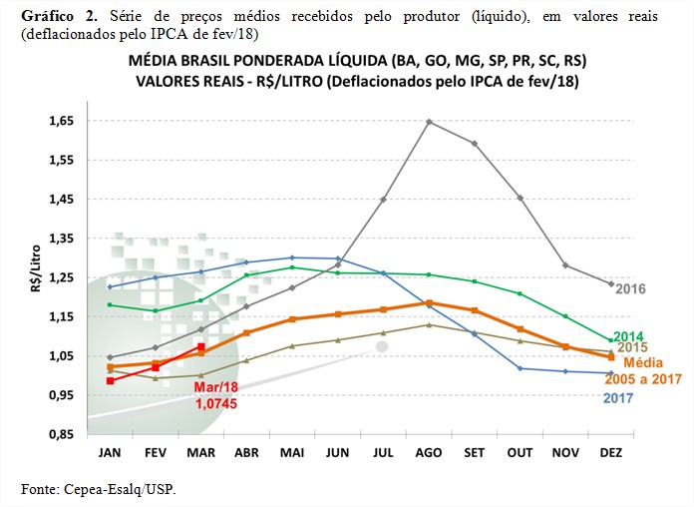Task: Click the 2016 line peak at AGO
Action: (x=429, y=122)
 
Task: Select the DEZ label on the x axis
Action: (x=612, y=452)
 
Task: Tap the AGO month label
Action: (x=429, y=452)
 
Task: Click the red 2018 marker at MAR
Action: (x=201, y=347)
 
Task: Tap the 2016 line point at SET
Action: (x=475, y=143)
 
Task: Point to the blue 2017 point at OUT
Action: (x=520, y=368)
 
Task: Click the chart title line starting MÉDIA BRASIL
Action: (x=357, y=61)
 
